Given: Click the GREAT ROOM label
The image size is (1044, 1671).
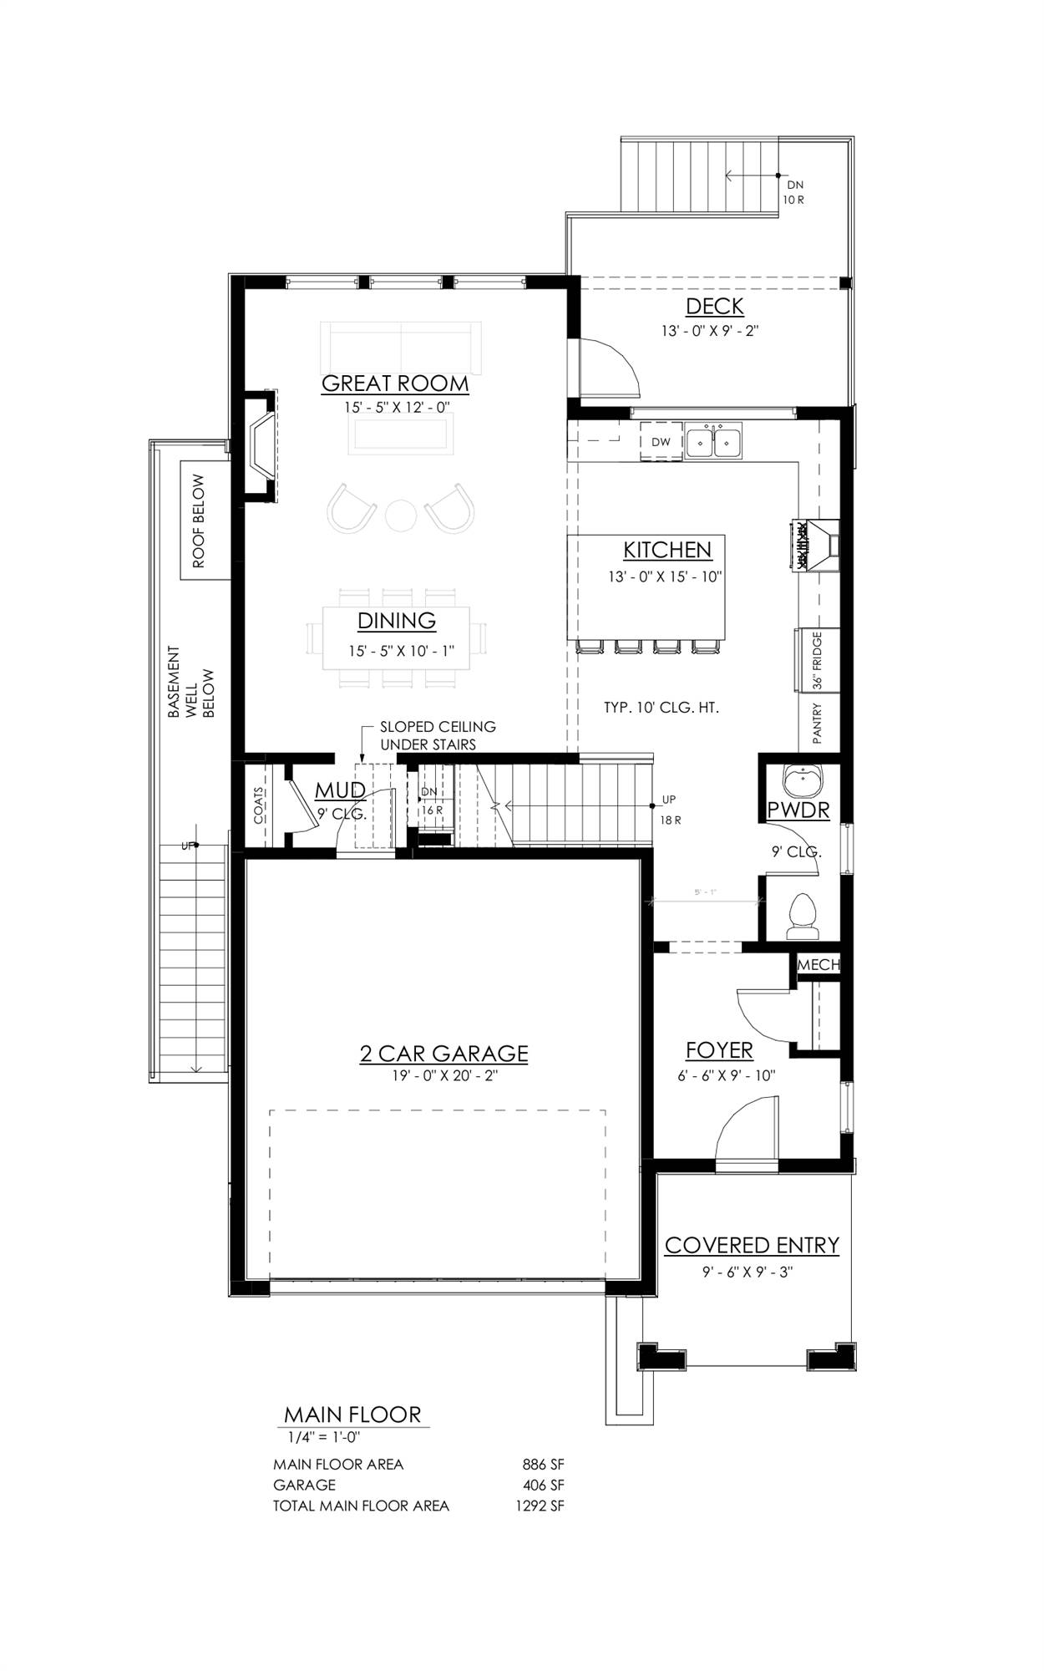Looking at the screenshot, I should (x=395, y=384).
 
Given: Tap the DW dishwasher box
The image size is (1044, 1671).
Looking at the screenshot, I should (x=661, y=442).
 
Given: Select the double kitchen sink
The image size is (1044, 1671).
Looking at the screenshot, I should (x=713, y=441).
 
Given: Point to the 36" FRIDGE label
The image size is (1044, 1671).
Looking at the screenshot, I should (x=817, y=660).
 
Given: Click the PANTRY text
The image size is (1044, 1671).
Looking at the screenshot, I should (x=817, y=724).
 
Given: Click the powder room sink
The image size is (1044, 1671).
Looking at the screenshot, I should (x=803, y=780).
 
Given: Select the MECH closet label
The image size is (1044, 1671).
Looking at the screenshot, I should (x=818, y=965).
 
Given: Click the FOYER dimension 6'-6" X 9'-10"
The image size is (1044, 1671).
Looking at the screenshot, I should (x=727, y=1076).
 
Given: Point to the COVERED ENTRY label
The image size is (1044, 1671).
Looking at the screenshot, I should (x=752, y=1246).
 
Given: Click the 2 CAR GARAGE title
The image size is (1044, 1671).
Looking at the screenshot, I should (x=443, y=1054).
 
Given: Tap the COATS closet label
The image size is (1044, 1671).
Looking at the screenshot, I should (x=259, y=805).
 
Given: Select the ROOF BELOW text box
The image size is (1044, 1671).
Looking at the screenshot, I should (x=199, y=521).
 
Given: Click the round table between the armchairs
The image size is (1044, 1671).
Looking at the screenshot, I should (x=401, y=515).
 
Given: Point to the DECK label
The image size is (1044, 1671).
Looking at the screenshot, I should (x=714, y=307).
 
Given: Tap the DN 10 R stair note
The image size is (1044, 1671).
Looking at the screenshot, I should (x=794, y=192).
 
